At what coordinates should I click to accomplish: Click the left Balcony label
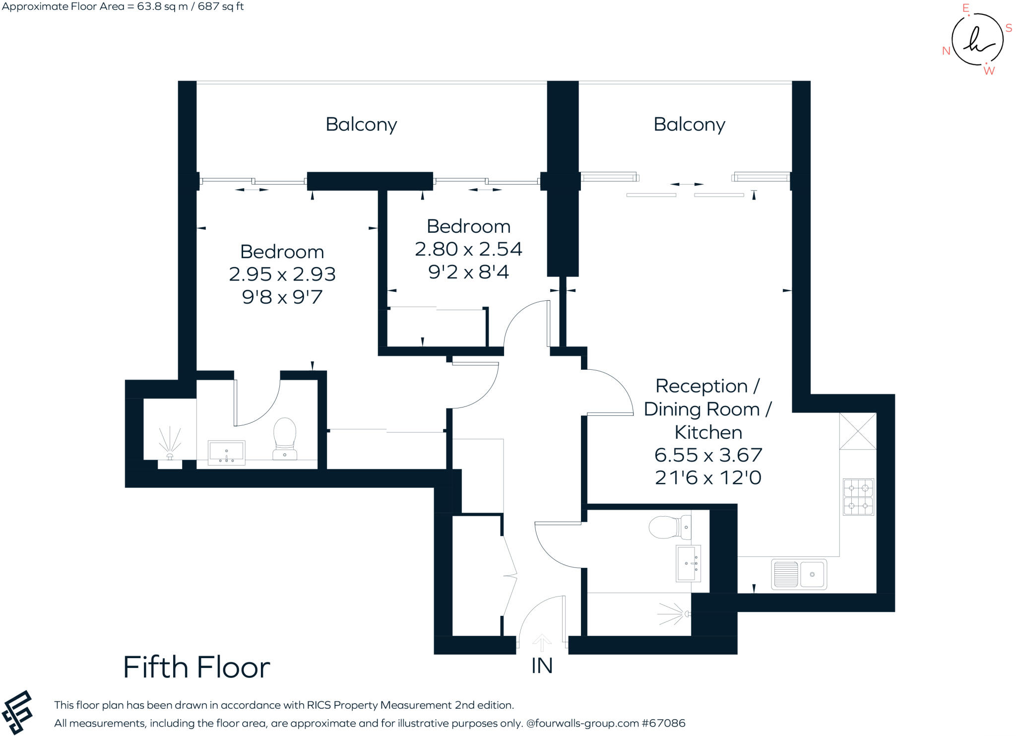point(361,125)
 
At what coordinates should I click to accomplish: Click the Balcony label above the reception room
point(689,125)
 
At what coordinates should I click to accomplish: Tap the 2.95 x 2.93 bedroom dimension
point(282,274)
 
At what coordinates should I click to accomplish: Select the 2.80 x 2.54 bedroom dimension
point(468,249)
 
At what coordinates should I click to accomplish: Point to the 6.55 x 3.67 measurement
point(708,455)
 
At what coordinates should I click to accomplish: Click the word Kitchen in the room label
point(708,432)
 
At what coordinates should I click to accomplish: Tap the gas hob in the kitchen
point(858,497)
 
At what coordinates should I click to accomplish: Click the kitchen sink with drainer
point(799,574)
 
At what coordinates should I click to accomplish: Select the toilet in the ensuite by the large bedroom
point(285,439)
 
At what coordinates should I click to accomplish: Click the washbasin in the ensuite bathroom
point(226,452)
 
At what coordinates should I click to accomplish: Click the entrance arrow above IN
point(542,643)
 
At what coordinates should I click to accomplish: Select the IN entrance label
point(542,666)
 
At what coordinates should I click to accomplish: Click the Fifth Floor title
point(196,667)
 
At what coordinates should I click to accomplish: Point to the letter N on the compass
point(946,51)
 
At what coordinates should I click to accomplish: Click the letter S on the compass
point(1009,28)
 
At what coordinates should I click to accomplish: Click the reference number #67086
point(664,723)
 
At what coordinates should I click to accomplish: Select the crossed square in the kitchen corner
point(858,431)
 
